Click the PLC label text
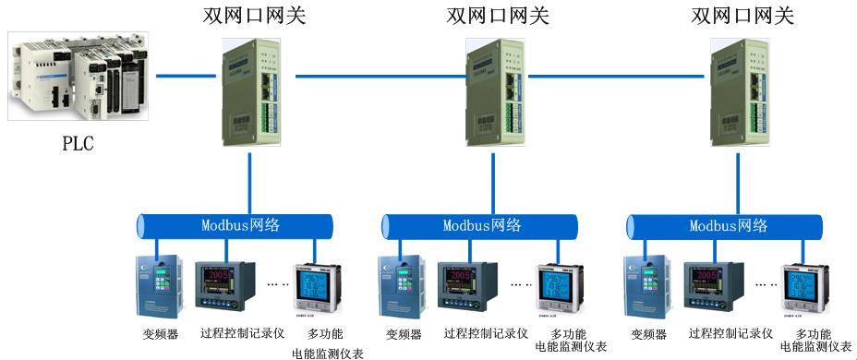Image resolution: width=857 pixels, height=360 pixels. click(x=78, y=144)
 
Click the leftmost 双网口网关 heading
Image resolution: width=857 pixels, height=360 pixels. click(x=254, y=16)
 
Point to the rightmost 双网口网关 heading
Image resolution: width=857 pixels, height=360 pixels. click(x=742, y=16)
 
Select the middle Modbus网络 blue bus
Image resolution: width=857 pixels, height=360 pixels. click(x=480, y=225)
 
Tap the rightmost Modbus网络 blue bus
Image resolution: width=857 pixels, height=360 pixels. click(x=726, y=225)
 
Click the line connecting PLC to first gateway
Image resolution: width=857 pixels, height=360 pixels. click(x=185, y=75)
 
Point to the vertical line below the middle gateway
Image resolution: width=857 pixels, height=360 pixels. click(x=494, y=180)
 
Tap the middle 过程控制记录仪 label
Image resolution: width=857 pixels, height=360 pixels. click(x=485, y=334)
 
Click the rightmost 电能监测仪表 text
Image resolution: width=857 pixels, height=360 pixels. click(x=816, y=348)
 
